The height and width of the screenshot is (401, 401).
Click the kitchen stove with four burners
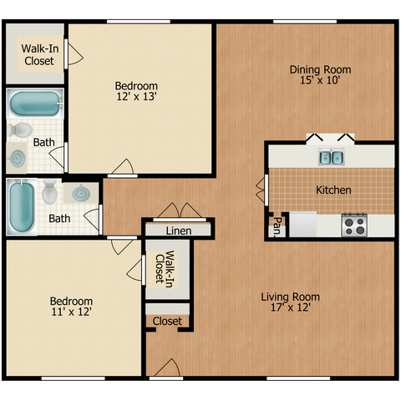[x=354, y=225]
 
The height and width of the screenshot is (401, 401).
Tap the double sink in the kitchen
[x=332, y=157]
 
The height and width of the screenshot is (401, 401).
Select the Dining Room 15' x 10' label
[x=320, y=74]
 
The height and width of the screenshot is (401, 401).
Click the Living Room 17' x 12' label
[x=291, y=302]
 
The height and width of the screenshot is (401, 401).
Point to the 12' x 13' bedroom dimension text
[x=136, y=97]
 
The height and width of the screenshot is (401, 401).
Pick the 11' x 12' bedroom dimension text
[x=72, y=312]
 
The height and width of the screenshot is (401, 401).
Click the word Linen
[x=179, y=231]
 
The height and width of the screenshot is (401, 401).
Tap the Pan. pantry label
[x=277, y=227]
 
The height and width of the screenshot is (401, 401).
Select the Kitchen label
[x=333, y=190]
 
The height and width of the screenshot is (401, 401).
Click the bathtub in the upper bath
[x=35, y=104]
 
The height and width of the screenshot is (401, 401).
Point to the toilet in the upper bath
[x=20, y=130]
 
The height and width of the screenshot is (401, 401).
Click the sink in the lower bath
[x=81, y=193]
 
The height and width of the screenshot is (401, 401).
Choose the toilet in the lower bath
[x=50, y=191]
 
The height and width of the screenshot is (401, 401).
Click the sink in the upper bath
[x=18, y=159]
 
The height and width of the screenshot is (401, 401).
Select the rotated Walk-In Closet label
[x=165, y=268]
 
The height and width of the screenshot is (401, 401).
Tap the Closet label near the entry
[x=167, y=322]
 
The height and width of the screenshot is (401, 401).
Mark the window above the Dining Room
[x=305, y=22]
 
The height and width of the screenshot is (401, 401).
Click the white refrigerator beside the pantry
[x=303, y=225]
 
